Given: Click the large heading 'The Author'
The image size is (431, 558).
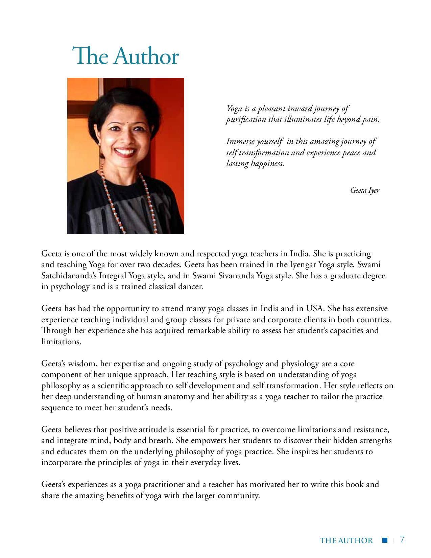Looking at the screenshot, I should pyautogui.click(x=125, y=56).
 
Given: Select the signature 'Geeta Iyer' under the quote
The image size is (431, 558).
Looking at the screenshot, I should pyautogui.click(x=364, y=190).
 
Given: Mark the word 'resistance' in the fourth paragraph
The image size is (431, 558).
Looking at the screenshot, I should pyautogui.click(x=371, y=429).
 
